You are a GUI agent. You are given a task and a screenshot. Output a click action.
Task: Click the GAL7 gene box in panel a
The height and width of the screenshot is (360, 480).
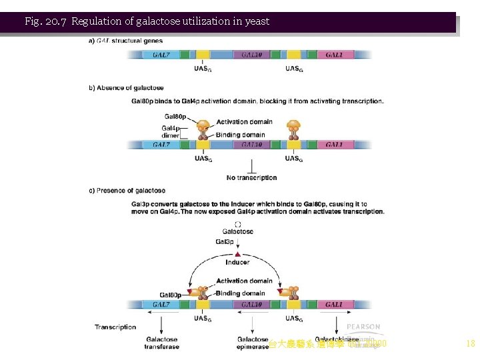coord(161,55)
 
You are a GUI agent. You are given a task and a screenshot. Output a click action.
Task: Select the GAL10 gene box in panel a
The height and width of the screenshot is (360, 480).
coord(251,55)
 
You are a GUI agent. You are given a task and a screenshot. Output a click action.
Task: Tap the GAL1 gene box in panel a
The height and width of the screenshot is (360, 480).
coord(334,55)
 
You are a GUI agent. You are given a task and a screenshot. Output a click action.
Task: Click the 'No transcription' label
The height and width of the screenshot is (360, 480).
coord(251,178)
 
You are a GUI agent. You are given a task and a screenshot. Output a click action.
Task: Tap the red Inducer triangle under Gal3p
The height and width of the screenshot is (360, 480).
coord(237,254)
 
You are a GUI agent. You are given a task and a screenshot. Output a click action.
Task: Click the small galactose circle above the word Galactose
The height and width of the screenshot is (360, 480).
coord(238,224)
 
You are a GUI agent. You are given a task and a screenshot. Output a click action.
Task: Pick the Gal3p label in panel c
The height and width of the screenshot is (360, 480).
coord(225,242)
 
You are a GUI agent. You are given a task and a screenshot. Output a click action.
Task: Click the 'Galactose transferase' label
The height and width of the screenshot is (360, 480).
coord(161,343)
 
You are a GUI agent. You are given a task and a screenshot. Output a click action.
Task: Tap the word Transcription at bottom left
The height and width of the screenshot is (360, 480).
coord(115,327)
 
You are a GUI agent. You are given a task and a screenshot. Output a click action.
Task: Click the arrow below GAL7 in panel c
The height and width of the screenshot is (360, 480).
coord(161,323)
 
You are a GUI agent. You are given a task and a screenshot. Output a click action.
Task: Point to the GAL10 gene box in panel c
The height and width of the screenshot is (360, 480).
coord(251,305)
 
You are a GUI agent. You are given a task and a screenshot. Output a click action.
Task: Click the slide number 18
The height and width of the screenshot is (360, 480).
coord(470,344)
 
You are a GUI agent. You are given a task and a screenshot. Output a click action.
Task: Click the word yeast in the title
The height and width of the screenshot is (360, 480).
coord(257,21)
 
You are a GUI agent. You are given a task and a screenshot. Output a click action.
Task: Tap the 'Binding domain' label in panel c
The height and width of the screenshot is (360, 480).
coord(240,293)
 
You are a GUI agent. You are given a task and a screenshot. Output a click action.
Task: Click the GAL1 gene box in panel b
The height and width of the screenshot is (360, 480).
coord(334,145)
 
